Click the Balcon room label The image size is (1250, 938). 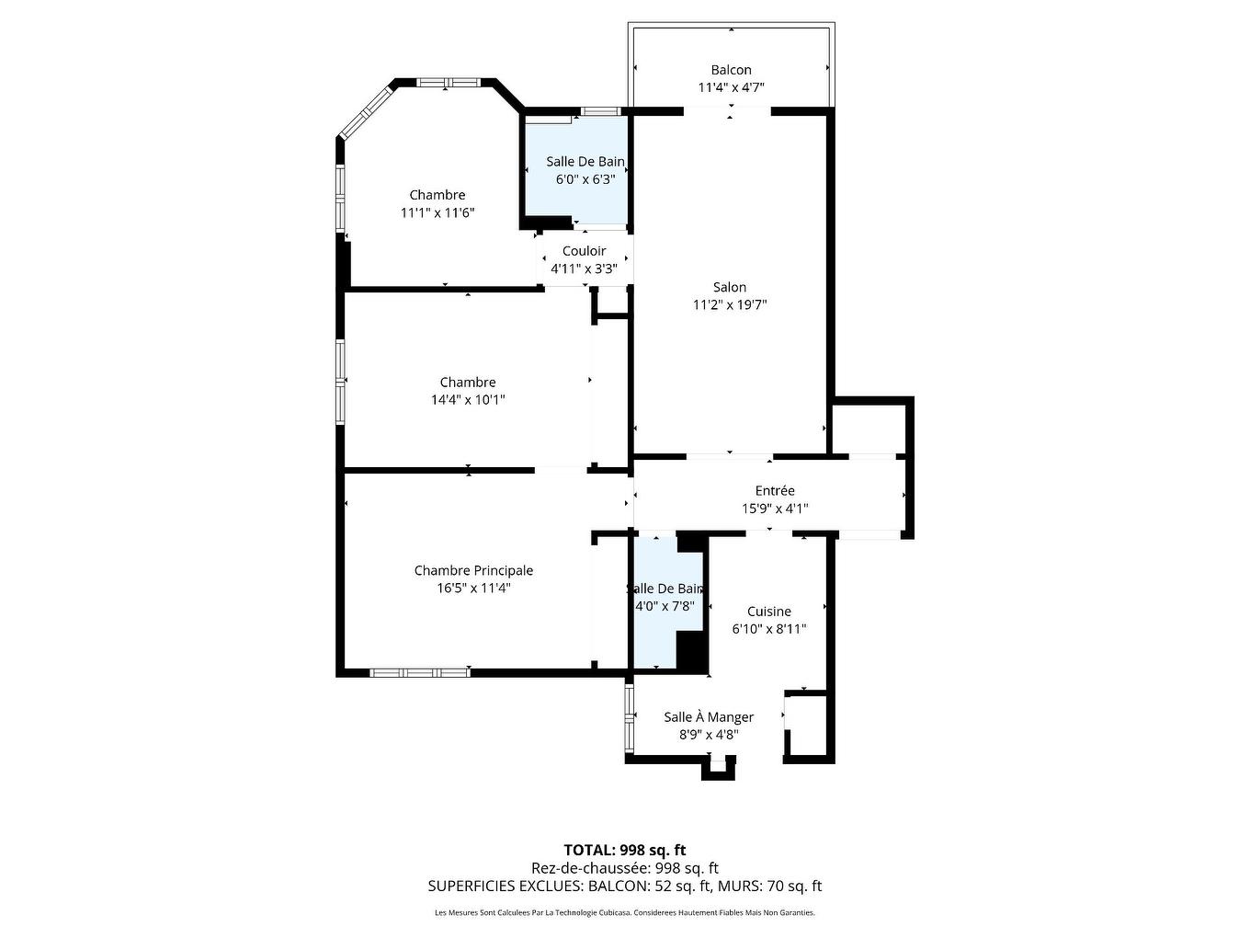[731, 70]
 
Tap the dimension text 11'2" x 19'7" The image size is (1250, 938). [730, 305]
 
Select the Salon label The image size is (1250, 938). [730, 287]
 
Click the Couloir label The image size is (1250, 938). [584, 251]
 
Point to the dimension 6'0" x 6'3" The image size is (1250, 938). [585, 179]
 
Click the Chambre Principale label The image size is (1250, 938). [473, 571]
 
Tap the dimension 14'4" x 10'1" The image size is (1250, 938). [468, 400]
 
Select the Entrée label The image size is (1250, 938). [775, 491]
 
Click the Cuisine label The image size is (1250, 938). [768, 612]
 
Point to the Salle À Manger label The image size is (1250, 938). [709, 717]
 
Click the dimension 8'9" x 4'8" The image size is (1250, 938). [709, 735]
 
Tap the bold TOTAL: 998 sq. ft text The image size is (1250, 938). [625, 850]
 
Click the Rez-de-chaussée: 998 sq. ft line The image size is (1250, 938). [625, 868]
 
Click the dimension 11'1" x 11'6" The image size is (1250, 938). [437, 212]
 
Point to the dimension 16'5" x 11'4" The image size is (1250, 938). [473, 589]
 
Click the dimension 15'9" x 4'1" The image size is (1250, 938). [775, 509]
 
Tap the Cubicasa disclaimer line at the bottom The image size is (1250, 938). [625, 913]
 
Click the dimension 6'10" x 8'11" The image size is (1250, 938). [768, 629]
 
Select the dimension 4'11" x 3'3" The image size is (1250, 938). [584, 269]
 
